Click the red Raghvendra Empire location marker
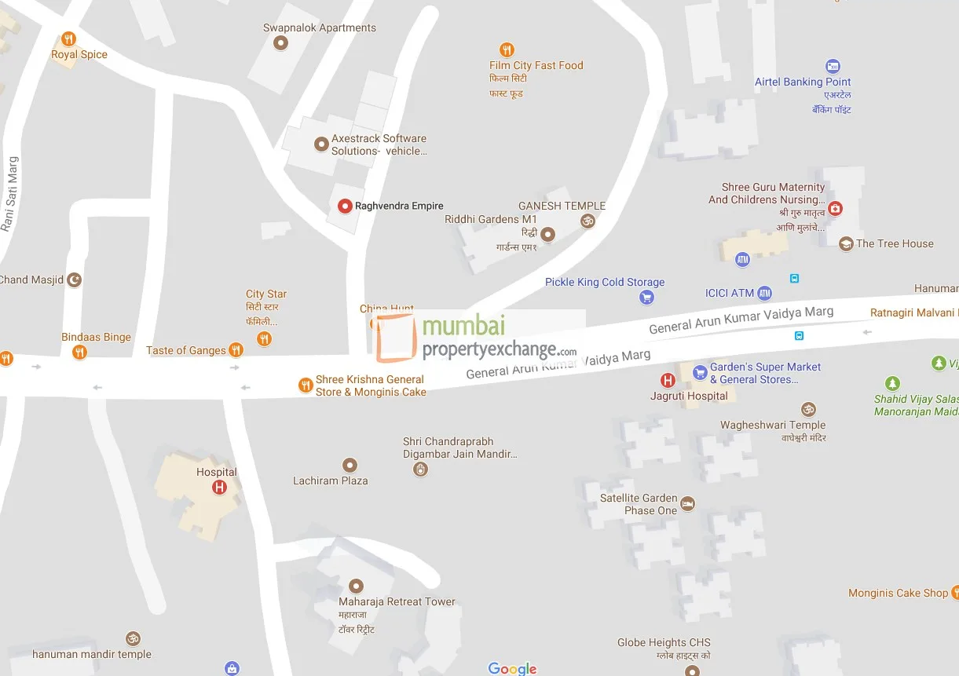pyautogui.click(x=344, y=206)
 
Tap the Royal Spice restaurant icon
pyautogui.click(x=69, y=38)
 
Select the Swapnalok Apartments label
pyautogui.click(x=319, y=27)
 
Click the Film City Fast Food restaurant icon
pyautogui.click(x=507, y=49)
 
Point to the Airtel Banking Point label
pyautogui.click(x=803, y=82)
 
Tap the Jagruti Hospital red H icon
pyautogui.click(x=668, y=381)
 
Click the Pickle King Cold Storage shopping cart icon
pyautogui.click(x=646, y=297)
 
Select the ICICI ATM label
pyautogui.click(x=729, y=293)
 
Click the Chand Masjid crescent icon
pyautogui.click(x=75, y=280)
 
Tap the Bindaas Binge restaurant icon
pyautogui.click(x=79, y=353)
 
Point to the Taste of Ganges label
pyautogui.click(x=186, y=350)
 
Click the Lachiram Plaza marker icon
pyautogui.click(x=350, y=466)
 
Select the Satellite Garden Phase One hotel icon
pyautogui.click(x=688, y=504)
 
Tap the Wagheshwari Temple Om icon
pyautogui.click(x=807, y=409)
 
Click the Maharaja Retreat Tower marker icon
pyautogui.click(x=356, y=586)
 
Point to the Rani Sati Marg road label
pyautogui.click(x=9, y=194)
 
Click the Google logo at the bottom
pyautogui.click(x=512, y=668)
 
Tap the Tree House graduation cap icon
pyautogui.click(x=845, y=244)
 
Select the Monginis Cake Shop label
pyautogui.click(x=898, y=593)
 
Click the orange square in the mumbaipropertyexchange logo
pyautogui.click(x=396, y=338)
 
